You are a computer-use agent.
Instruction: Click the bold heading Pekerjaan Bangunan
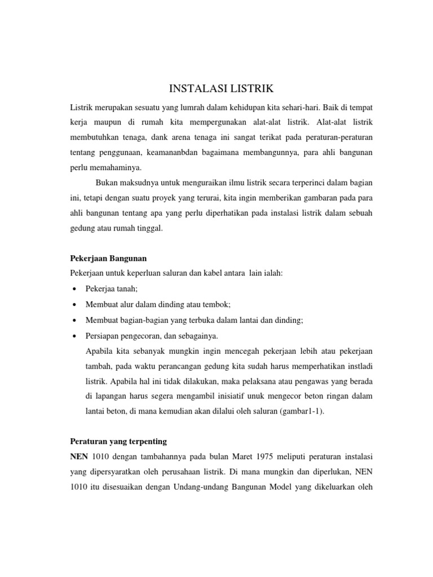(x=108, y=258)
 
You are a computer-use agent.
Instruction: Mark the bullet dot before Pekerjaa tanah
(x=74, y=289)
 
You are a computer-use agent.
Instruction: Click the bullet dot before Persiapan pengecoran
(x=74, y=336)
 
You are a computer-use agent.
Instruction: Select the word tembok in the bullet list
(x=218, y=304)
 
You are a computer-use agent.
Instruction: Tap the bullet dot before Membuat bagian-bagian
(x=74, y=320)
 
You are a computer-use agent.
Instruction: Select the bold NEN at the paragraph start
(x=79, y=455)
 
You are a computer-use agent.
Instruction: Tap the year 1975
(x=258, y=455)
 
